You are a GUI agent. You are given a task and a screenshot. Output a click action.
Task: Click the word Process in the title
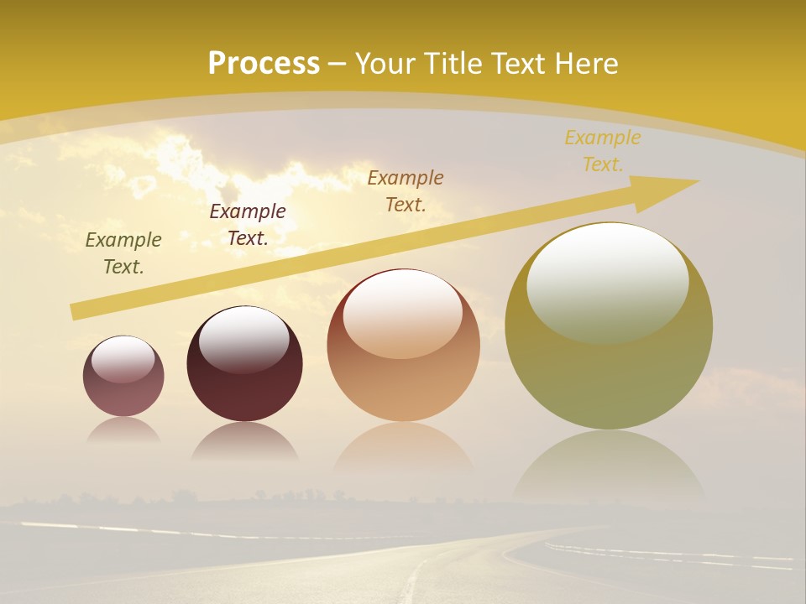[264, 64]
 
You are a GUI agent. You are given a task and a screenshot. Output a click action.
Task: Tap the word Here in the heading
[586, 64]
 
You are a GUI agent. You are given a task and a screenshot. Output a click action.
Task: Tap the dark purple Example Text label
[248, 225]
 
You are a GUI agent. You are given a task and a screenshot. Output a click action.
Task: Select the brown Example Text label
[406, 190]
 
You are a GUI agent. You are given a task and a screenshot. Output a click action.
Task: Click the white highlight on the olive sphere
[607, 281]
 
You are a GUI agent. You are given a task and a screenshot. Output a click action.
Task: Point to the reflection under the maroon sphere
[244, 441]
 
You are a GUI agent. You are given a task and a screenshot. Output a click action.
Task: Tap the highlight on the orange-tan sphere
[403, 313]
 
